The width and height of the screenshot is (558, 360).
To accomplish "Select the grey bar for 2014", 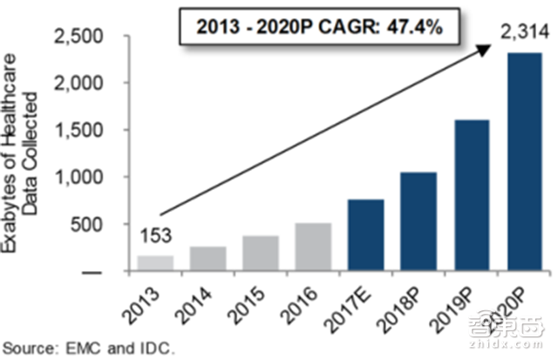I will click(x=208, y=259).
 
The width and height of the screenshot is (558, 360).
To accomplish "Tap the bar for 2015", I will click(x=262, y=254).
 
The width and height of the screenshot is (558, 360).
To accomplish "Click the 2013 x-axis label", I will click(x=146, y=299).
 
